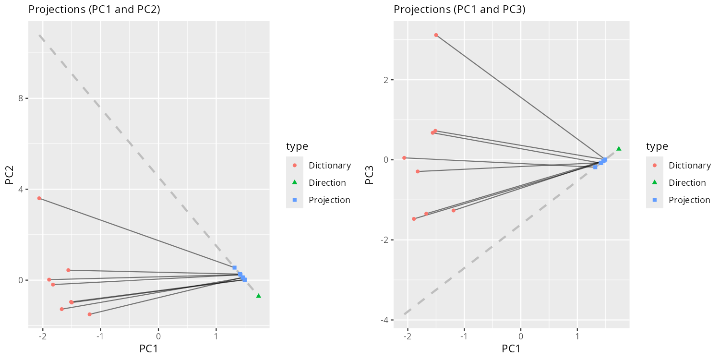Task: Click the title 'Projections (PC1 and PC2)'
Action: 94,10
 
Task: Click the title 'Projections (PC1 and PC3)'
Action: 459,10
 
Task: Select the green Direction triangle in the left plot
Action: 259,296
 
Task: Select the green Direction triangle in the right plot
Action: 619,149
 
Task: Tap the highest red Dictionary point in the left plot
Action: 39,198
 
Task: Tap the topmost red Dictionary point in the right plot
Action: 436,35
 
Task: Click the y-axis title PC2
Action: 9,175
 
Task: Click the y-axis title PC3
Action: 369,175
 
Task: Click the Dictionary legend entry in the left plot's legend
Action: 330,166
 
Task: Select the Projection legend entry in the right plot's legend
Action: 689,200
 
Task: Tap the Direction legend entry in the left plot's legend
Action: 327,183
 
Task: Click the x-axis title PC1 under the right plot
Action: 511,349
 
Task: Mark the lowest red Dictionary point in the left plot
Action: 89,314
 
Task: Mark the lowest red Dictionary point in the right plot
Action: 414,219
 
